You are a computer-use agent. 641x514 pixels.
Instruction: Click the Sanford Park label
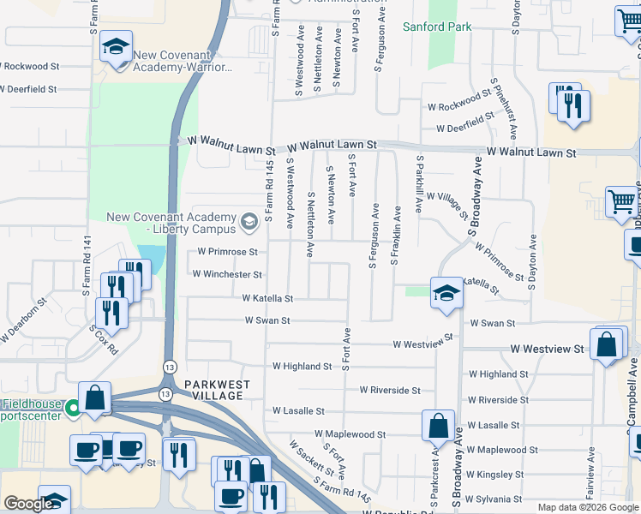point(437,27)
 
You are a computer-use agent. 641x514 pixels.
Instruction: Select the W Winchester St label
point(227,274)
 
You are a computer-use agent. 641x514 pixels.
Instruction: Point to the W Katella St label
point(267,299)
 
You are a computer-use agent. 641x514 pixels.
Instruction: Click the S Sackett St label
point(309,458)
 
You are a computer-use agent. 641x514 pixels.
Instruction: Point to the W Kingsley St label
point(495,474)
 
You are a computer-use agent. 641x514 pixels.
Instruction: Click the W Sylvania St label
point(494,499)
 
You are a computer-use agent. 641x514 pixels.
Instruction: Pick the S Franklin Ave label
point(395,235)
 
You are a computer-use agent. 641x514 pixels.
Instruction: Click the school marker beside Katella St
point(446,291)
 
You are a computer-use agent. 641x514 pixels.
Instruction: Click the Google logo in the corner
point(27,505)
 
